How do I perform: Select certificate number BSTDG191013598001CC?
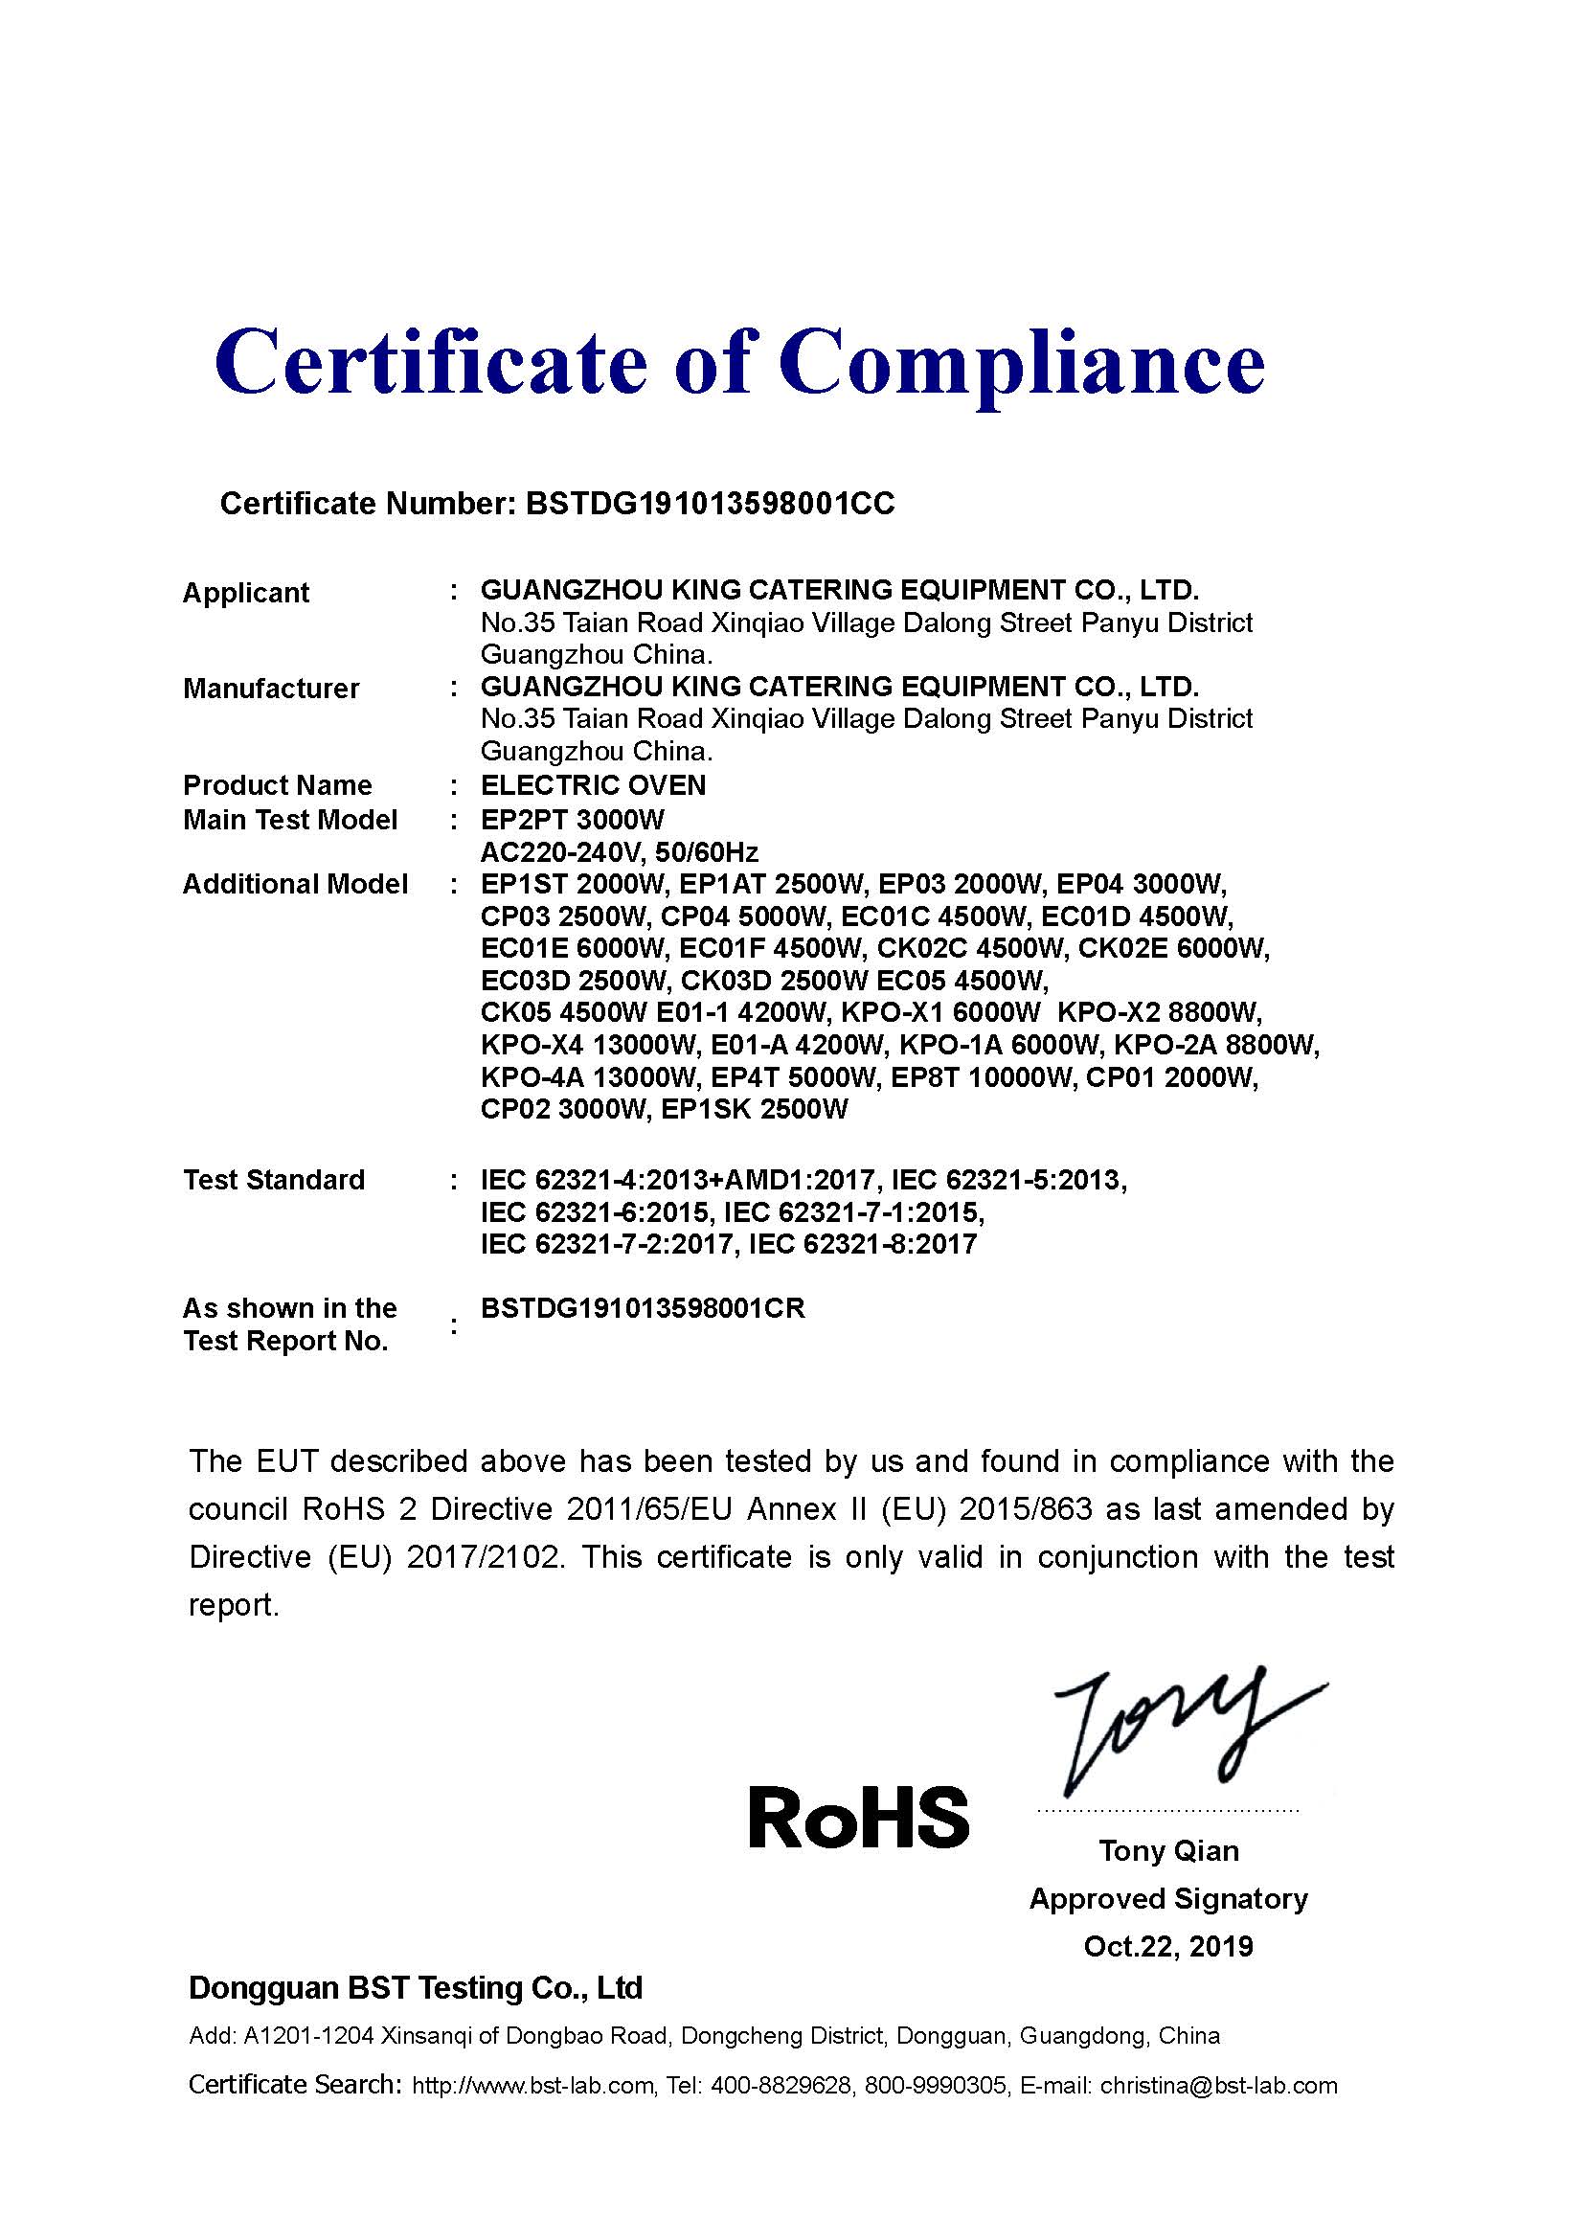tap(709, 504)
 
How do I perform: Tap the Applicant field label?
tap(246, 592)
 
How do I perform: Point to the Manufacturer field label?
tap(271, 689)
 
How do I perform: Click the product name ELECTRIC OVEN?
tap(593, 785)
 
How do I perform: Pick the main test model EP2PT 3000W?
tap(573, 820)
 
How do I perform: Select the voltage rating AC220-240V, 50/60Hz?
tap(620, 851)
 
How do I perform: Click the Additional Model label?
tap(296, 884)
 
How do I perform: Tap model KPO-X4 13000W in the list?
tap(589, 1045)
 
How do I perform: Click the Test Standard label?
tap(274, 1180)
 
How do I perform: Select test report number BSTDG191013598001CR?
tap(643, 1308)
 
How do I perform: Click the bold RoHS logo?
tap(858, 1817)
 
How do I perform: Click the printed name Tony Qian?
tap(1168, 1851)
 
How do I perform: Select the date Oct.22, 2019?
tap(1168, 1946)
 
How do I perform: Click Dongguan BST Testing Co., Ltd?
tap(416, 1987)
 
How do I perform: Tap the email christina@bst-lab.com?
tap(1218, 2086)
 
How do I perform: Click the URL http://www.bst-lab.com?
tap(532, 2086)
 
